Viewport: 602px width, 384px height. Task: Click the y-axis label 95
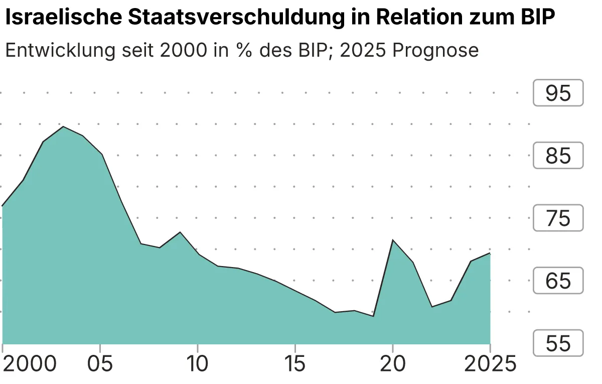coord(558,93)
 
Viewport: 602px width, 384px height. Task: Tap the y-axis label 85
coord(558,156)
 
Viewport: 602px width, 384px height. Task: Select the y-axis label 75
coord(558,218)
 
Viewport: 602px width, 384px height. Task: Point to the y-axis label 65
coord(558,281)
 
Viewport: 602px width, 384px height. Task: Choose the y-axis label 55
coord(558,343)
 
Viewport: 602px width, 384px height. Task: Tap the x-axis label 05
coord(100,364)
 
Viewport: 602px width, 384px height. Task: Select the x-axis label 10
coord(198,364)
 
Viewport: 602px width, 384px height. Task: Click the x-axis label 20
coord(392,364)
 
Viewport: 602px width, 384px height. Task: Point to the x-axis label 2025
coord(489,364)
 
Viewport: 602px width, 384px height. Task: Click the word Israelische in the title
coord(62,18)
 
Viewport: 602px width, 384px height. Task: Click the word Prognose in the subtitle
coord(435,50)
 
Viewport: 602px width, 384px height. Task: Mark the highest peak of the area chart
coord(63,126)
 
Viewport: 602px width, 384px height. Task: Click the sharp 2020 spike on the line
coord(392,240)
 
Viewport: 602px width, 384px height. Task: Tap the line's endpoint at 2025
coord(490,253)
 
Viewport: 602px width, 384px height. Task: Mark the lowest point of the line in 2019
coord(373,316)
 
